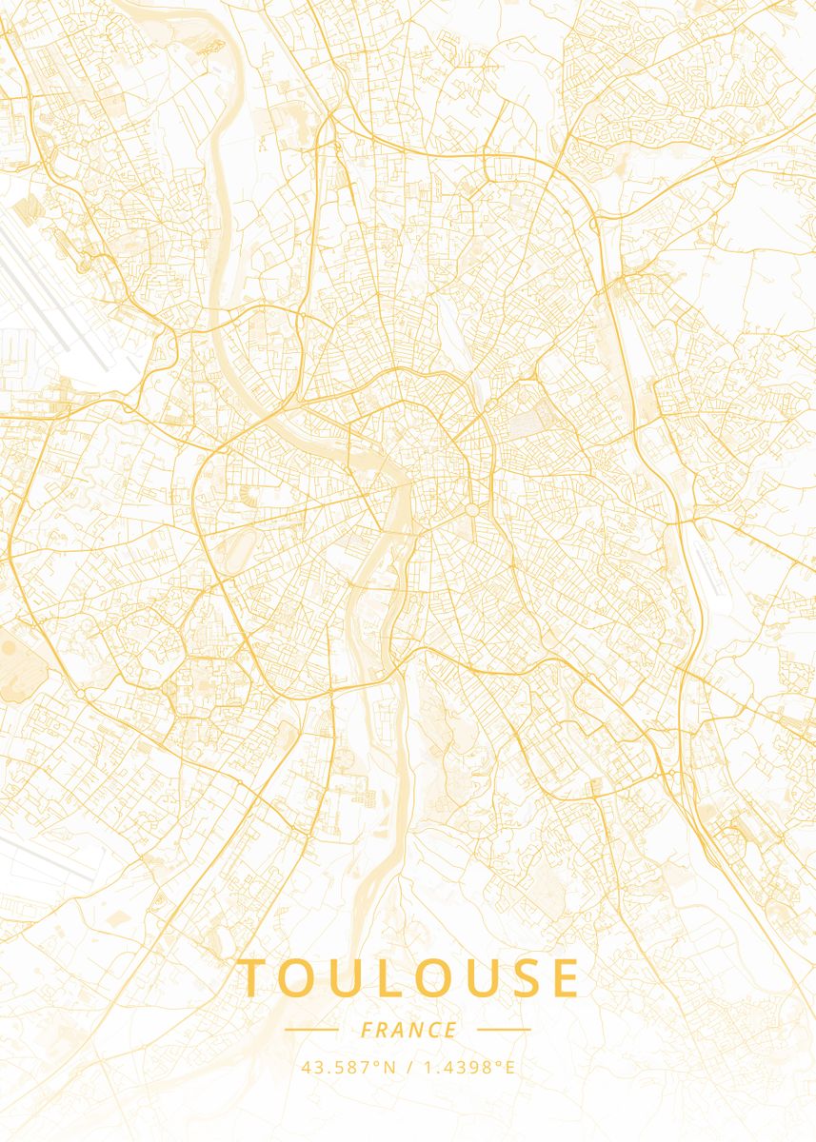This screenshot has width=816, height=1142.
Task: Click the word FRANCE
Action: (x=408, y=1031)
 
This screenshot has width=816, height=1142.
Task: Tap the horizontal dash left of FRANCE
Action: (x=311, y=1030)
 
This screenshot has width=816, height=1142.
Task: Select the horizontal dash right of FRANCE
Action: (x=504, y=1030)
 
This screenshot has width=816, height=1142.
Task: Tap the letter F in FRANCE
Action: (x=367, y=1031)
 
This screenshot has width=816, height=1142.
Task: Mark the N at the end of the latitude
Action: (x=388, y=1067)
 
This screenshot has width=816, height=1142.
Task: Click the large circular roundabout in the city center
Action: (x=471, y=511)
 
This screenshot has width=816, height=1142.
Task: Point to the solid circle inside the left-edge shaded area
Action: (x=8, y=647)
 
